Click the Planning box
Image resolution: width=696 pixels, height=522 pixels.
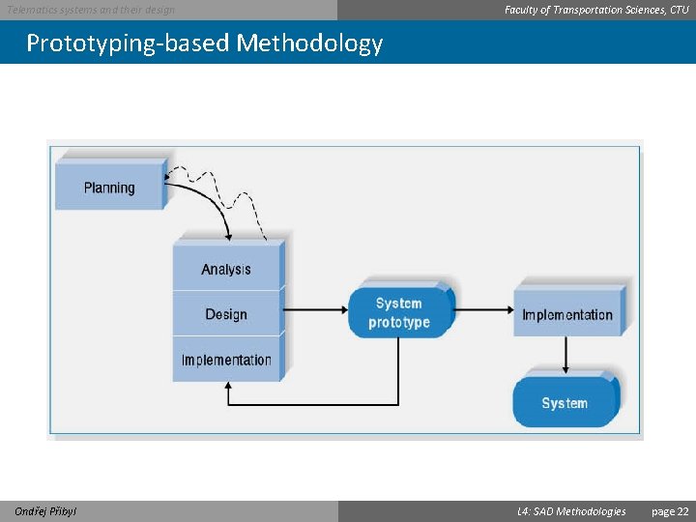point(109,188)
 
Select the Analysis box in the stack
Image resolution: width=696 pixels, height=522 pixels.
point(226,270)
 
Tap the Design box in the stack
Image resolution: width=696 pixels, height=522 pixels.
point(226,314)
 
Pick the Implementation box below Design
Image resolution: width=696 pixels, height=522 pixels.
point(226,360)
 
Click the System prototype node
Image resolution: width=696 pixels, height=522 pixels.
point(399,312)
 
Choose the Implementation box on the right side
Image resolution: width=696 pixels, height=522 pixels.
point(567,314)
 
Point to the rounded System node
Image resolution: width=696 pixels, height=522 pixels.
point(565,403)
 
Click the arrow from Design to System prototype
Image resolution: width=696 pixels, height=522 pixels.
point(316,309)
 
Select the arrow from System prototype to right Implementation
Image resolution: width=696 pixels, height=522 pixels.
point(483,309)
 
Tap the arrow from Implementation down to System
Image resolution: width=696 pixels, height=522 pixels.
point(567,354)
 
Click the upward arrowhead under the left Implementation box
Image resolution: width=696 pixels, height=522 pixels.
point(228,389)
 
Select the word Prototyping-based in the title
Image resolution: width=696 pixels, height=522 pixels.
point(128,43)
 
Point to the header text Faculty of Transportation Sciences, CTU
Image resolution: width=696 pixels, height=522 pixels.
point(596,10)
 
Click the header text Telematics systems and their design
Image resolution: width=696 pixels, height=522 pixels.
point(91,10)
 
